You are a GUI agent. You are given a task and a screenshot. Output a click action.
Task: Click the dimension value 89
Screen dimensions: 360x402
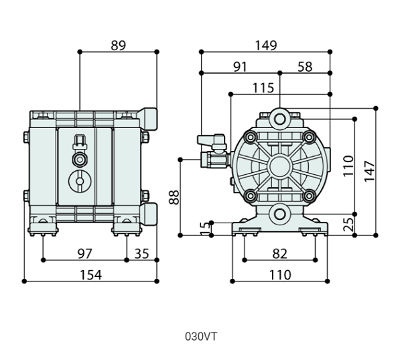[118, 46]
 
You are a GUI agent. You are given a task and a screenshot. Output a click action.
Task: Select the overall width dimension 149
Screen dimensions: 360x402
[266, 46]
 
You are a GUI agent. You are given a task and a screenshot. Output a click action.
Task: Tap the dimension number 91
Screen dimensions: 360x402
[240, 66]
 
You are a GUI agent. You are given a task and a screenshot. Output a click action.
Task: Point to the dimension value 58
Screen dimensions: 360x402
[305, 66]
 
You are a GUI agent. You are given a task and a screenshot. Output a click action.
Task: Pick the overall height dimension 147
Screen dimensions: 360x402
[369, 171]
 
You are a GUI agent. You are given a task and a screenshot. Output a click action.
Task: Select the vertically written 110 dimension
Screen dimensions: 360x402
[348, 165]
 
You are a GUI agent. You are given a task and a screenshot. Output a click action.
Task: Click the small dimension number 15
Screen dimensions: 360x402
[203, 228]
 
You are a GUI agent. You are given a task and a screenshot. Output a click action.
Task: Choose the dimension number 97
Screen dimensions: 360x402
[84, 253]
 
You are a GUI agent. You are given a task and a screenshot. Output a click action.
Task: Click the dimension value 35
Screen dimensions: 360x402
[141, 253]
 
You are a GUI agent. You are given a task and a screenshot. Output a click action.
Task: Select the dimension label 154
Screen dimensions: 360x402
[90, 274]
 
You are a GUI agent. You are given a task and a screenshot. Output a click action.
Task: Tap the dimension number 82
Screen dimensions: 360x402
[280, 253]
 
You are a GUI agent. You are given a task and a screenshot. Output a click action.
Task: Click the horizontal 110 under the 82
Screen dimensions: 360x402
[280, 274]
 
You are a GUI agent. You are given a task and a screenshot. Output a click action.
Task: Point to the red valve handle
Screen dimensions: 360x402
[210, 139]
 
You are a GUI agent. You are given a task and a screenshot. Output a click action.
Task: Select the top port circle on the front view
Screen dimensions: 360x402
[280, 119]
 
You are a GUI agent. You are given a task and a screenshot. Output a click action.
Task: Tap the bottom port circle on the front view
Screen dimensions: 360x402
[280, 214]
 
